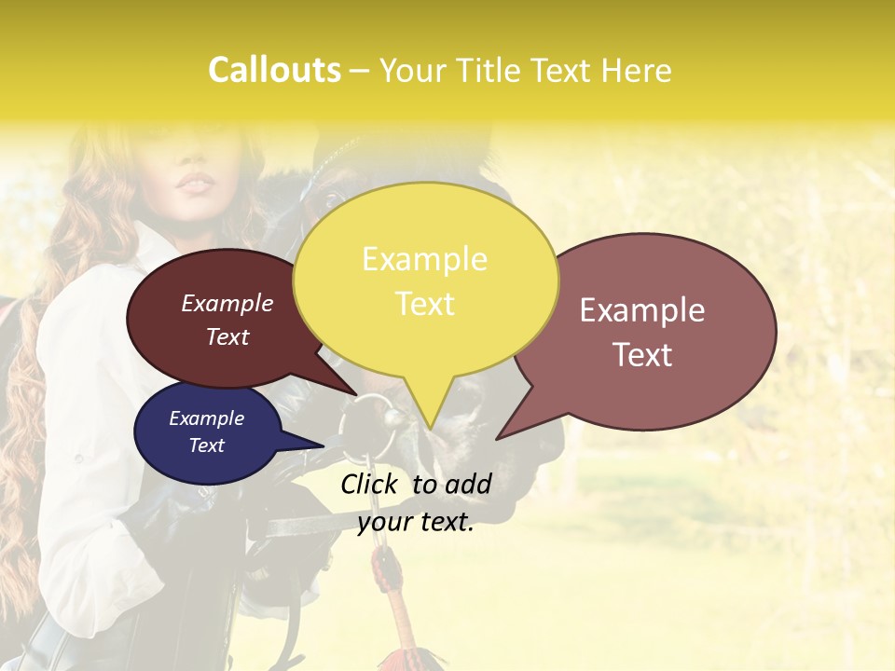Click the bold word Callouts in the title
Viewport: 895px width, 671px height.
point(274,70)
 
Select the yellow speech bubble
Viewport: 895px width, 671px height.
point(425,280)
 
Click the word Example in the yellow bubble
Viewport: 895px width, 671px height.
point(424,258)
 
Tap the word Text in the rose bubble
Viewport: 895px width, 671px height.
point(642,354)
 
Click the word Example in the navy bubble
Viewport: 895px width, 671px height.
point(206,418)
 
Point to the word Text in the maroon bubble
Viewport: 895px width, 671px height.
point(227,336)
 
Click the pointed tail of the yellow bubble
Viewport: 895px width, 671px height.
point(430,424)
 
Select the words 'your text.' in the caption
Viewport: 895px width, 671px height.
point(415,522)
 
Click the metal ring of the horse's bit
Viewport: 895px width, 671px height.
point(370,422)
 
